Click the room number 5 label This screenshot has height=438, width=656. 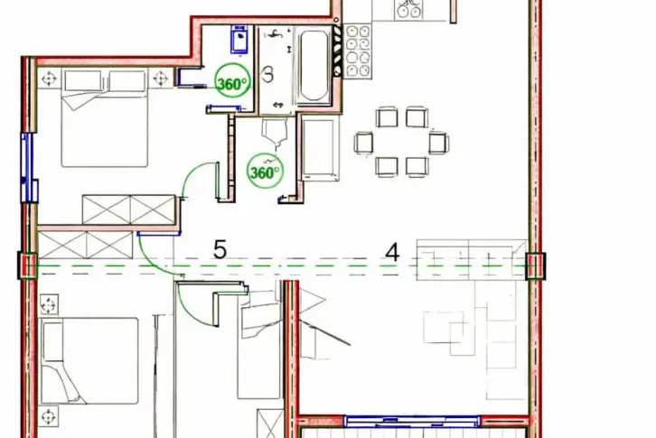pyautogui.click(x=220, y=250)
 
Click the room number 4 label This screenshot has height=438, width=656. pyautogui.click(x=392, y=253)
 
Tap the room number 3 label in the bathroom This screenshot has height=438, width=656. pyautogui.click(x=267, y=74)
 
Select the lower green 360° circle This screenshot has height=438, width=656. pyautogui.click(x=265, y=172)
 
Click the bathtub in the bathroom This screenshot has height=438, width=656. pyautogui.click(x=313, y=65)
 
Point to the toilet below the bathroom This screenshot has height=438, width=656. pyautogui.click(x=275, y=133)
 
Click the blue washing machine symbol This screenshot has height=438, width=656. pyautogui.click(x=239, y=39)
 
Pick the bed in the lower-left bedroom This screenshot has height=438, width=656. pyautogui.click(x=89, y=360)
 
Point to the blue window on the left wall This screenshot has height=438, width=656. pyautogui.click(x=27, y=167)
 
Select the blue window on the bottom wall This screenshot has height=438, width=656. pyautogui.click(x=412, y=421)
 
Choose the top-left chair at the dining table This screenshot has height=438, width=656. pyautogui.click(x=387, y=117)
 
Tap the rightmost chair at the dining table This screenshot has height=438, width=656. pyautogui.click(x=438, y=142)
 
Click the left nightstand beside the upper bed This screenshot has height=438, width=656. pyautogui.click(x=49, y=79)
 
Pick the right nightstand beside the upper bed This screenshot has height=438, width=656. pyautogui.click(x=160, y=78)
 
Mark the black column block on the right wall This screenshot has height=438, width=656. pyautogui.click(x=536, y=266)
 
